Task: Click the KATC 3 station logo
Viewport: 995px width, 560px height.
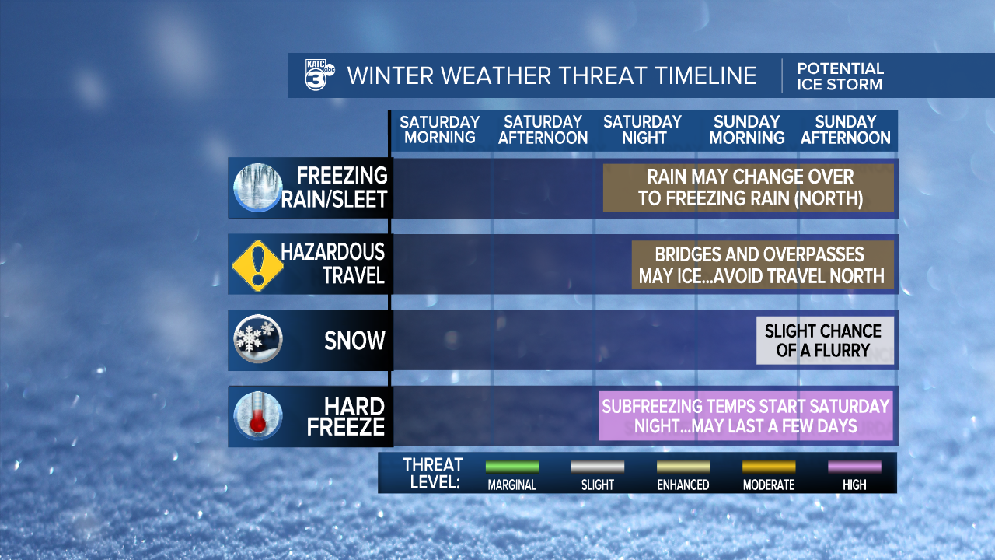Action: (319, 75)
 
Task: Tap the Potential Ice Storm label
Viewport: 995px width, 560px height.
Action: (840, 76)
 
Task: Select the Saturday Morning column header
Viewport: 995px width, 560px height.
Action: (440, 130)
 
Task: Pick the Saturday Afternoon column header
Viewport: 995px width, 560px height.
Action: (543, 130)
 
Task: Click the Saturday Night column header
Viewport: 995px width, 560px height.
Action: (643, 130)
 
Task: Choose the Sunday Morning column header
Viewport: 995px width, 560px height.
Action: (747, 130)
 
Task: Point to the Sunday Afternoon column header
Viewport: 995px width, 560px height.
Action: (846, 130)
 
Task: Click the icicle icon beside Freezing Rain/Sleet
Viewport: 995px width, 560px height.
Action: (257, 187)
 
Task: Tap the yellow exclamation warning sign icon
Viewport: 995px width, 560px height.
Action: (257, 264)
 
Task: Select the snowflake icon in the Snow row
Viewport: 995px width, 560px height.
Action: (257, 340)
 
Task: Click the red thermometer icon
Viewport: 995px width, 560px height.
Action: (257, 416)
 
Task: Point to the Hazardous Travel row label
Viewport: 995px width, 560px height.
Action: (333, 264)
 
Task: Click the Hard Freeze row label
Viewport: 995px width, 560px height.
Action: (346, 417)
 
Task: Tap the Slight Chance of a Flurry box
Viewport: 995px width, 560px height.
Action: (824, 341)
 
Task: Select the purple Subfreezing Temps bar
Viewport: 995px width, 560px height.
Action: (745, 416)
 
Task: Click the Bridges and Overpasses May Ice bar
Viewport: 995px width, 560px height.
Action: (761, 264)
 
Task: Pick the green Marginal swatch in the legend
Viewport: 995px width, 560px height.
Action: (511, 467)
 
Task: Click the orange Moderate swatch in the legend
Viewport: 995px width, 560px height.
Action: (768, 467)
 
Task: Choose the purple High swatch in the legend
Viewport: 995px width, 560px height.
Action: (854, 467)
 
